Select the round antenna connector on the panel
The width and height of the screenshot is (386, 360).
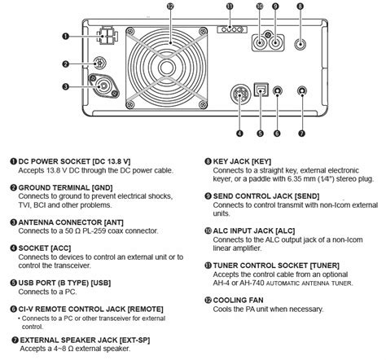[103, 85]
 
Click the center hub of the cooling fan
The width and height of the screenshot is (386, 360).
[170, 67]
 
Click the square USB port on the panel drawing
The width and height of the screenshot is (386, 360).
[261, 93]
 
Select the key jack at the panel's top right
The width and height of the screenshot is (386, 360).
[300, 46]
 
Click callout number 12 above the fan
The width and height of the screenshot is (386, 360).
[170, 7]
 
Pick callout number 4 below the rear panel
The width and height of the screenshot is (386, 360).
[239, 133]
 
